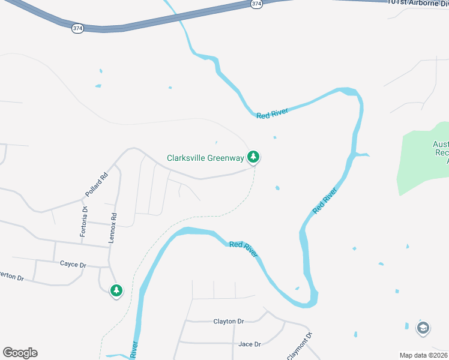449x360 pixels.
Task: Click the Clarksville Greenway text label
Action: [x=205, y=158]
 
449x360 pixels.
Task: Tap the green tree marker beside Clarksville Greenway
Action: [x=254, y=157]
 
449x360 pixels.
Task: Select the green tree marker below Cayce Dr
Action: [x=116, y=291]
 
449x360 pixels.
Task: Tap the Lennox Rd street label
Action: [x=112, y=227]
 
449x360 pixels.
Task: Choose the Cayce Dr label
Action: [x=73, y=264]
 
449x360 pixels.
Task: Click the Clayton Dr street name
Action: [x=229, y=322]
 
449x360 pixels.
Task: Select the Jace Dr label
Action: [x=249, y=344]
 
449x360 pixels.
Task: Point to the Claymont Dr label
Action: [x=300, y=346]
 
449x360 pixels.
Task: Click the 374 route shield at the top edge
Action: [x=256, y=4]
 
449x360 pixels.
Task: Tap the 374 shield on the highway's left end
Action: [x=77, y=28]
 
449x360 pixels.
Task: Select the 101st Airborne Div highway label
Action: [x=418, y=2]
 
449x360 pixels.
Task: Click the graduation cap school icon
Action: [x=423, y=328]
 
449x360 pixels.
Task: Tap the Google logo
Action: [x=20, y=353]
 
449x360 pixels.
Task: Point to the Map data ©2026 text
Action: [x=423, y=355]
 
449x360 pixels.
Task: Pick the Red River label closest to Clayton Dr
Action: [x=244, y=248]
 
